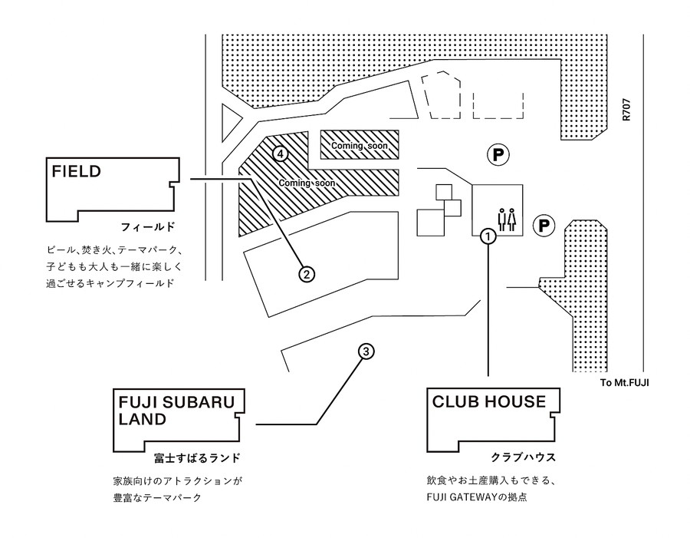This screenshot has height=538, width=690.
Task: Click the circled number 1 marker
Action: [x=488, y=236]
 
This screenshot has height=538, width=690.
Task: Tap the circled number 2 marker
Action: [x=307, y=274]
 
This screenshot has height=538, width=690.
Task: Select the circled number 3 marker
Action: [x=366, y=352]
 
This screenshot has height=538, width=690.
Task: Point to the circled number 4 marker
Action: [x=281, y=153]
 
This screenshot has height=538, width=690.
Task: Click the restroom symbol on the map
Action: [x=507, y=219]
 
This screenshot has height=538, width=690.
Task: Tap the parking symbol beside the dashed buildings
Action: [x=498, y=155]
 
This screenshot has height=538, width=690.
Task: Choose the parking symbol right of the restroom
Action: [x=544, y=226]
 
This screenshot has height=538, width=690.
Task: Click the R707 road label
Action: [x=626, y=110]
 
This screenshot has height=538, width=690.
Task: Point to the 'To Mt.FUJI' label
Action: [x=624, y=382]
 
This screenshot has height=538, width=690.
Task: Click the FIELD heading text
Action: [x=77, y=171]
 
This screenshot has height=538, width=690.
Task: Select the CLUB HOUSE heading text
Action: [x=489, y=401]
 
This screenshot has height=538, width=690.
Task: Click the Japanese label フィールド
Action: [x=148, y=227]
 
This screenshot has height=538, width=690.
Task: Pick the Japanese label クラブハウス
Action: [x=523, y=457]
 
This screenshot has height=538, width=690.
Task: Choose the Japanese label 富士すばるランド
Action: [x=198, y=458]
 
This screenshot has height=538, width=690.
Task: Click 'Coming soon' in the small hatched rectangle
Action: [x=360, y=145]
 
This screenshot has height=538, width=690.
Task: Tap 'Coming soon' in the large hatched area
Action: [x=307, y=183]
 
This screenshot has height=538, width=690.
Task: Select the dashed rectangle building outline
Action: [x=498, y=105]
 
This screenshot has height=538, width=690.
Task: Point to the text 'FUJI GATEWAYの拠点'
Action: [x=477, y=497]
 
